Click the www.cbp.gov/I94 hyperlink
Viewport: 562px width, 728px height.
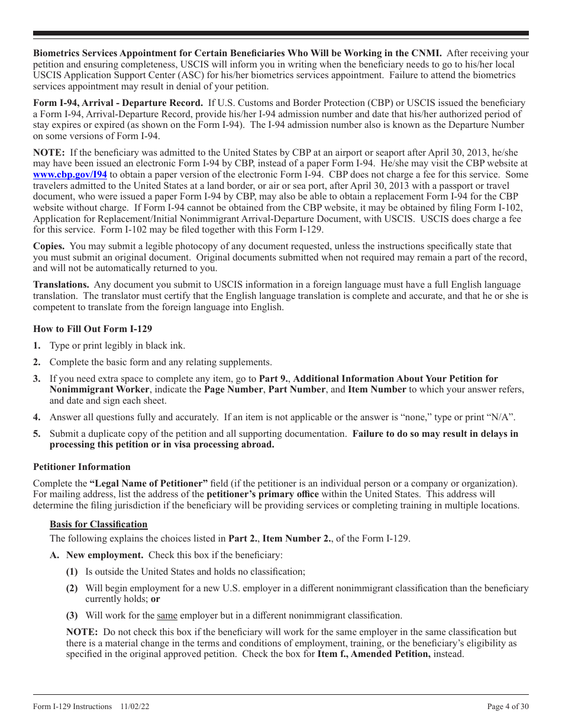[70, 175]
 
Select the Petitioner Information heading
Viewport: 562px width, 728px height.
[82, 467]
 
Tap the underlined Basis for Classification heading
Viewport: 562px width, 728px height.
[98, 524]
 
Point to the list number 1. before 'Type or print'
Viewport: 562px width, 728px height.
[37, 346]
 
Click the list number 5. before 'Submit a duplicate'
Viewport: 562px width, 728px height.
[37, 434]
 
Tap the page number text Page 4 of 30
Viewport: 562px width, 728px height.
[508, 707]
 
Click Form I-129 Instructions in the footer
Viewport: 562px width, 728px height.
[72, 707]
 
